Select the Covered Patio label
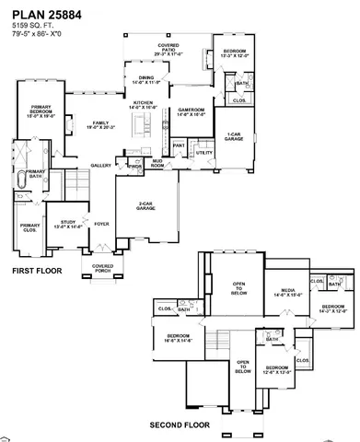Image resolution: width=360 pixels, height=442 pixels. pyautogui.click(x=168, y=47)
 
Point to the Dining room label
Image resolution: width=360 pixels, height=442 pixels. pyautogui.click(x=146, y=80)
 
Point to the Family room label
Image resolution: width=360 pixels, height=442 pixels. pyautogui.click(x=99, y=126)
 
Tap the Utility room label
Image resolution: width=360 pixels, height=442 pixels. pyautogui.click(x=204, y=153)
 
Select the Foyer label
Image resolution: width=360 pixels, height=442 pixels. pyautogui.click(x=100, y=223)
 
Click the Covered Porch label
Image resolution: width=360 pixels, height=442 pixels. pyautogui.click(x=102, y=268)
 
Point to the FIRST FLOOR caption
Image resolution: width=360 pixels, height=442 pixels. pyautogui.click(x=36, y=273)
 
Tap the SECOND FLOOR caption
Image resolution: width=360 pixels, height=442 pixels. pyautogui.click(x=180, y=425)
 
